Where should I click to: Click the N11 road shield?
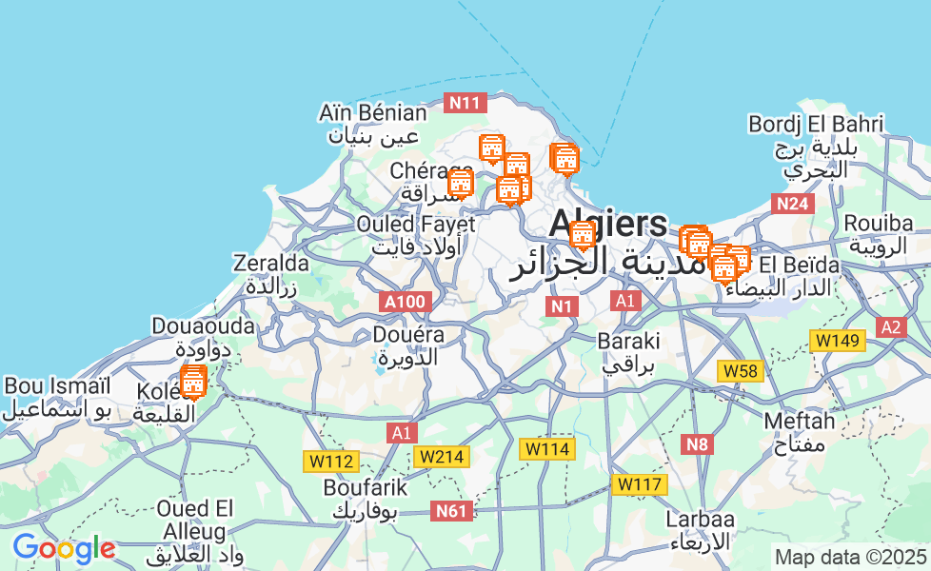(x=466, y=103)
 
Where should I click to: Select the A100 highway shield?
(x=405, y=303)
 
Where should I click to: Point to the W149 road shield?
(x=837, y=341)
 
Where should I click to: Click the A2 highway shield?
(x=891, y=327)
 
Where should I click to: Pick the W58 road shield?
(x=741, y=371)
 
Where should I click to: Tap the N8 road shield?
(x=699, y=443)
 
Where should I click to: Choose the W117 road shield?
(x=639, y=484)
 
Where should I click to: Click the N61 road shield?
(x=451, y=511)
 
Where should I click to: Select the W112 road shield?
(x=331, y=462)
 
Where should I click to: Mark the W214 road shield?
(x=441, y=457)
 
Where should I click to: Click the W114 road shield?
(x=547, y=448)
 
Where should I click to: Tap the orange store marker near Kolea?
(x=192, y=383)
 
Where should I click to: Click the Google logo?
(x=64, y=549)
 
